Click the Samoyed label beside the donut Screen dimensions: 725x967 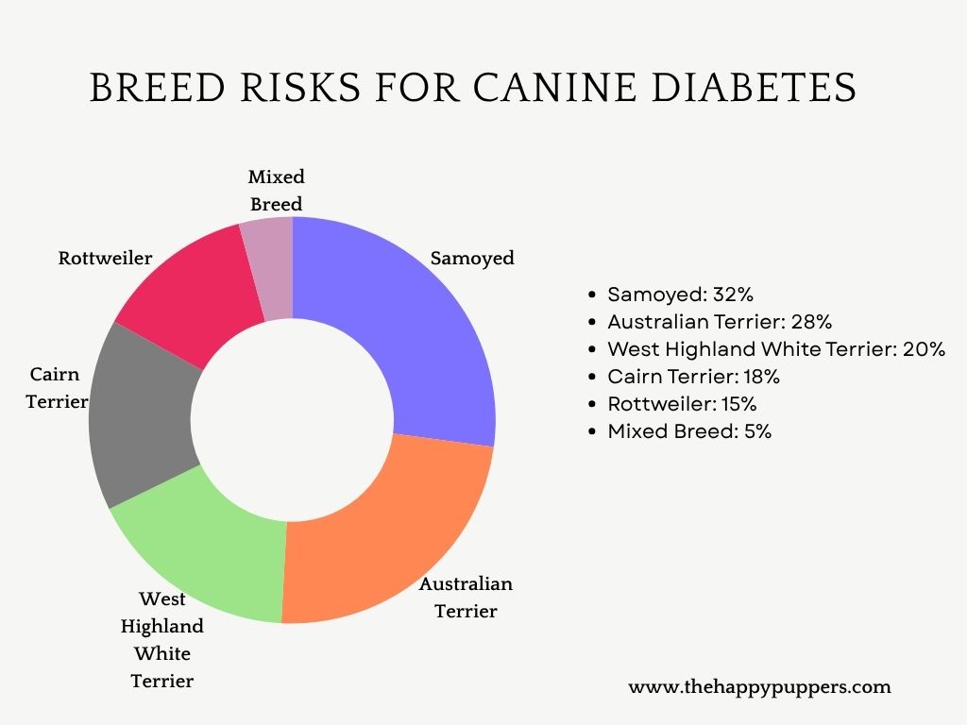pyautogui.click(x=472, y=258)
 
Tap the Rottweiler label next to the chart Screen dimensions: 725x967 pyautogui.click(x=105, y=258)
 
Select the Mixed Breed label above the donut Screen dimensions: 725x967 pyautogui.click(x=276, y=191)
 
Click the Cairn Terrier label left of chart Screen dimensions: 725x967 pyautogui.click(x=57, y=388)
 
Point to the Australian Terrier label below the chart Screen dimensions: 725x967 pyautogui.click(x=466, y=597)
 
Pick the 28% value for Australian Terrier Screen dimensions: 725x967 pyautogui.click(x=811, y=321)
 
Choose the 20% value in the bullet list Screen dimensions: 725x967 pyautogui.click(x=923, y=348)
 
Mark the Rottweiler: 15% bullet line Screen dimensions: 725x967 pyautogui.click(x=682, y=404)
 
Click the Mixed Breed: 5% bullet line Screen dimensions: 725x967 pyautogui.click(x=689, y=431)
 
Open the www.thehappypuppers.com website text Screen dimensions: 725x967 pyautogui.click(x=759, y=687)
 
